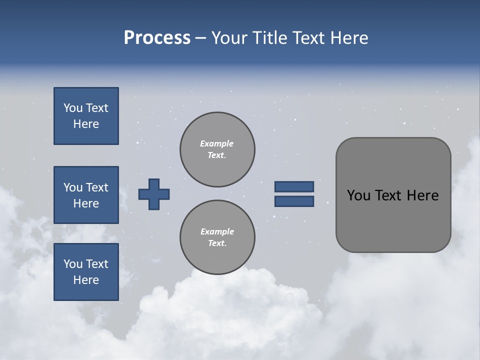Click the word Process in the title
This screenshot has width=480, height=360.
(x=157, y=38)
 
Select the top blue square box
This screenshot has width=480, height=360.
(x=86, y=116)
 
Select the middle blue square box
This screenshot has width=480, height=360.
(x=86, y=195)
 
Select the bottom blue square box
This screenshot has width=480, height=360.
(x=86, y=272)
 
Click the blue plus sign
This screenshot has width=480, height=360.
(x=154, y=194)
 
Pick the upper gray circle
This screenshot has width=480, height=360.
(x=217, y=149)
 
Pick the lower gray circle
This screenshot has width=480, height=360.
(x=217, y=237)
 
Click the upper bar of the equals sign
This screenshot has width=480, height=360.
(x=294, y=186)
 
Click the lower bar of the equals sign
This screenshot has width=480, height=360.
(x=294, y=201)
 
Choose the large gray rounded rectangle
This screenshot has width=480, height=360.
(x=393, y=195)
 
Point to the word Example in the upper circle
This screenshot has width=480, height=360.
(x=217, y=143)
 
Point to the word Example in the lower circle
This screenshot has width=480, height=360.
(x=217, y=231)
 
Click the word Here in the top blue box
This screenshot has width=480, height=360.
(x=86, y=124)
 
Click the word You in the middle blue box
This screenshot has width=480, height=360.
(x=72, y=187)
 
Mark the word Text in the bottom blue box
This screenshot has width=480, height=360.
(x=96, y=264)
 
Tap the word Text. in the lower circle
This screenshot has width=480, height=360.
(x=217, y=243)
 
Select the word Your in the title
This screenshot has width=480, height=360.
(x=229, y=38)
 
